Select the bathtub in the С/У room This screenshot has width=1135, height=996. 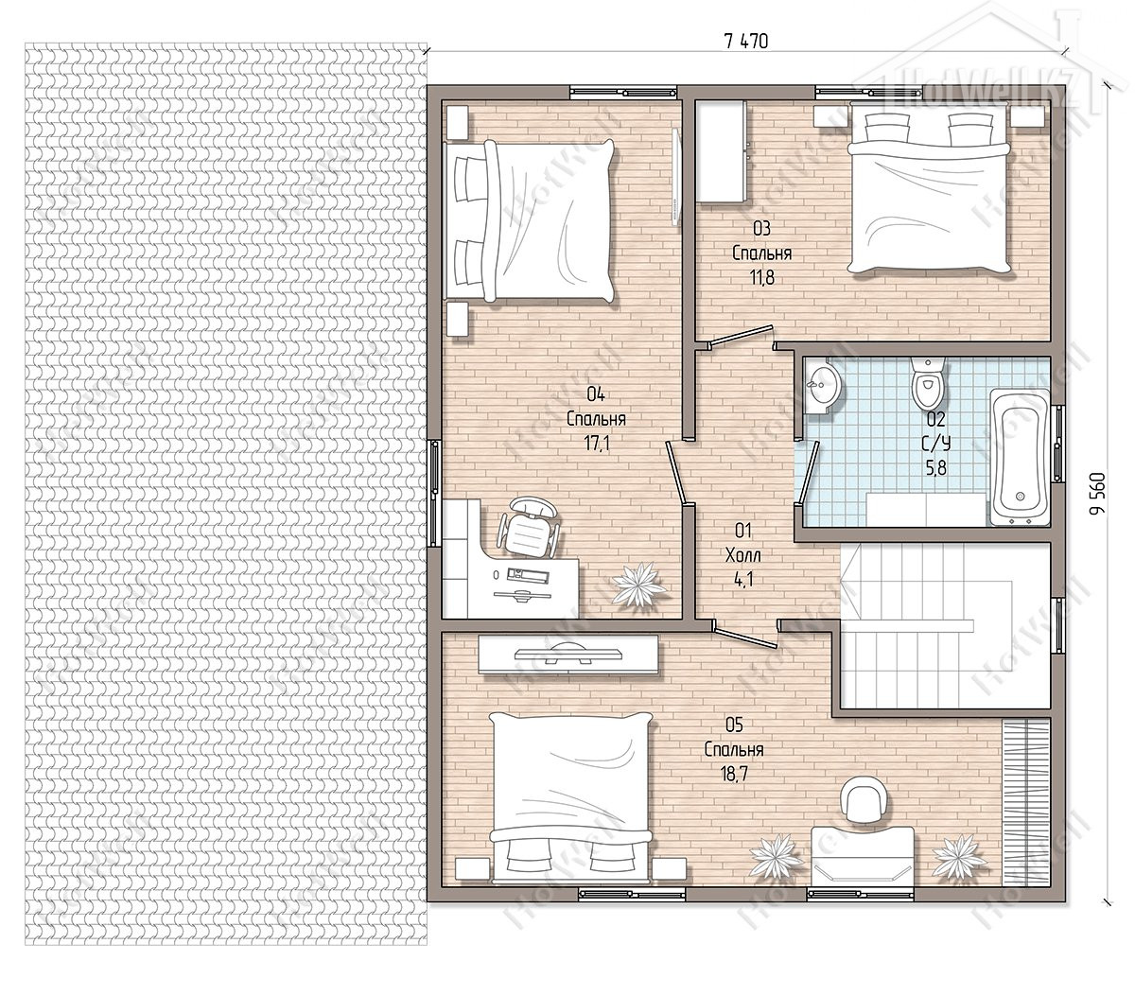coord(1019,458)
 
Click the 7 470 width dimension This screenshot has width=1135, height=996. coord(745,41)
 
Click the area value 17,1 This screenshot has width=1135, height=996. coord(596,444)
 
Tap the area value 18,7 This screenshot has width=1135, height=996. coord(735,774)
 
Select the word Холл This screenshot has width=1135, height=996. coord(743,556)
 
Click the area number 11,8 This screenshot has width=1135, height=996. coord(762,277)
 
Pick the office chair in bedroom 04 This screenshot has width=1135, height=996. coord(530,524)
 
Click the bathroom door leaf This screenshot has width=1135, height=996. coord(809,470)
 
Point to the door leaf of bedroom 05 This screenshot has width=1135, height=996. coord(745,638)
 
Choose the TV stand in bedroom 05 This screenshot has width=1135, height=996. coord(568,654)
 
